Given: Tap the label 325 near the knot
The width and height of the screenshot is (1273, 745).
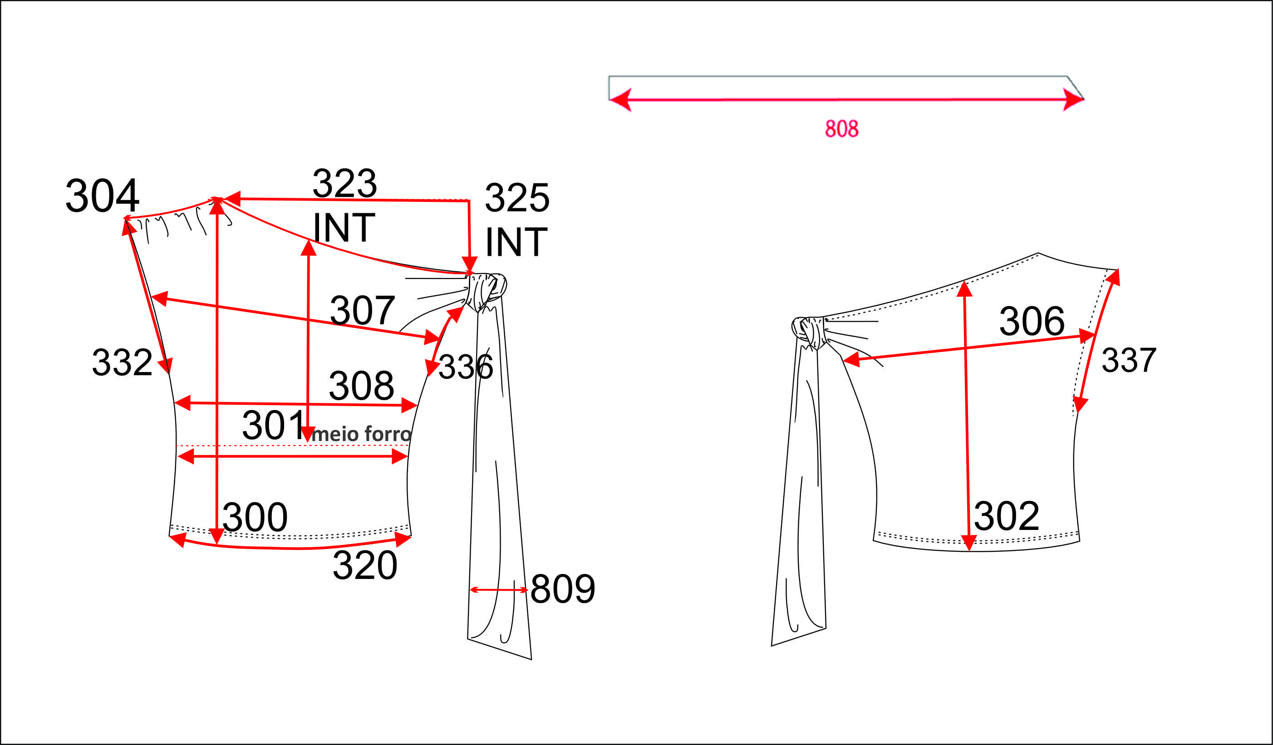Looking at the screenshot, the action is tap(517, 197).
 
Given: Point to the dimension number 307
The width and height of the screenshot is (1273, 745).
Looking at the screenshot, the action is tap(362, 310).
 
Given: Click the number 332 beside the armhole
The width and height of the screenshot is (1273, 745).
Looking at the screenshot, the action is tap(122, 362).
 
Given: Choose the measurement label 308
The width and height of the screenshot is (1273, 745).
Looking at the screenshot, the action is tap(361, 385).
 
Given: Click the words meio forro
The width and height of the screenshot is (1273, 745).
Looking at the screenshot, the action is tap(362, 434).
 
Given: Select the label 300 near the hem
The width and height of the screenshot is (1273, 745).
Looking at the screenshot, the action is tap(255, 517).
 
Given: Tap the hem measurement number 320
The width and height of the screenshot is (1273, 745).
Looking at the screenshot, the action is tap(365, 565).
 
